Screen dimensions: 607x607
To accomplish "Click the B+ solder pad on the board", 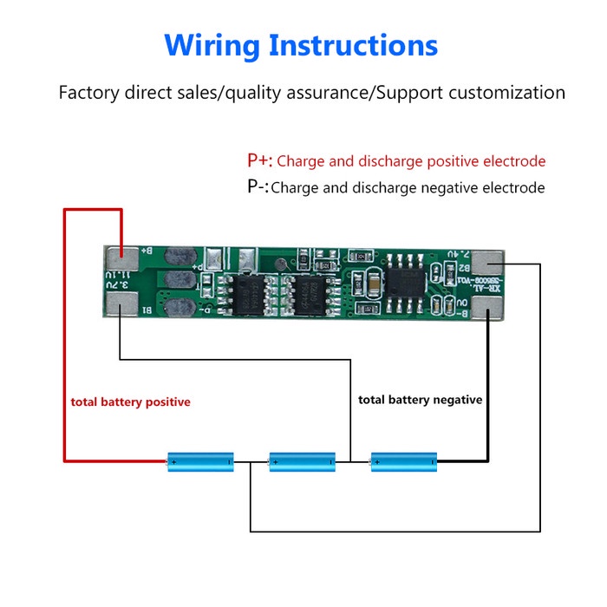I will [x=122, y=257].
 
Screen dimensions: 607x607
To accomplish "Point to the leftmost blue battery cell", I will [x=201, y=461].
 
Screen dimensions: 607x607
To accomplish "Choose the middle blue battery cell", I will [x=302, y=461].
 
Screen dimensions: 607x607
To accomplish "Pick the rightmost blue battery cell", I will [x=403, y=461].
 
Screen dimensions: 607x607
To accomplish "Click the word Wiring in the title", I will [x=212, y=44].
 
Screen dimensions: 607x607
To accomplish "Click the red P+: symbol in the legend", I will [x=259, y=160].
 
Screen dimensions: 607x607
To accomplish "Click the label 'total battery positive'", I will [x=130, y=402].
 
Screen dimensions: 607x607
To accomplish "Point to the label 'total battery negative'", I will [x=421, y=400].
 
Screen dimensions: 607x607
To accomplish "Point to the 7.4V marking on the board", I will [x=460, y=255].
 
